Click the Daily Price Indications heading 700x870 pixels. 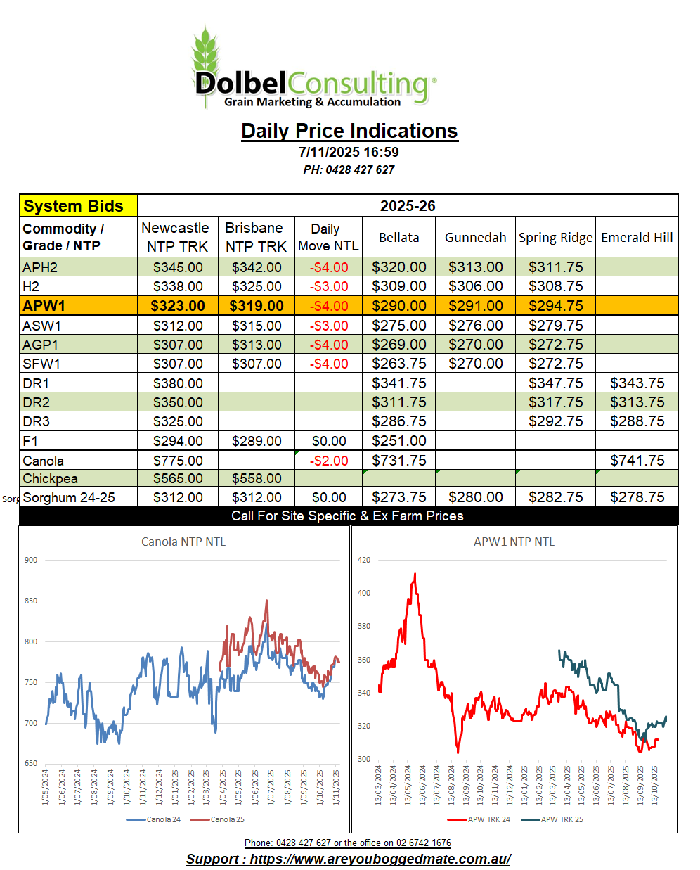(349, 131)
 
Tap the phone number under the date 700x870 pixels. (349, 169)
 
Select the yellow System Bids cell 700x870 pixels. (78, 206)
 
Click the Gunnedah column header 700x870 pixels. (475, 237)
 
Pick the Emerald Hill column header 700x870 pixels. (637, 237)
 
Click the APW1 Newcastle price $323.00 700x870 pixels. (178, 306)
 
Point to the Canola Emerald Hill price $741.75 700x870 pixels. (637, 461)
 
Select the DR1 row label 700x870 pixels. (37, 383)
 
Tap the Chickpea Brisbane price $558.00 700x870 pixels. (257, 478)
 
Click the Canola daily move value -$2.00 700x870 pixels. (329, 461)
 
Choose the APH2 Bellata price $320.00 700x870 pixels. (398, 267)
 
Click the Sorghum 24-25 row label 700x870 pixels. (69, 497)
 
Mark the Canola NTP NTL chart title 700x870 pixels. (183, 542)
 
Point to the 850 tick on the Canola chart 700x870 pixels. (31, 601)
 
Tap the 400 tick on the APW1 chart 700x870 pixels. (364, 593)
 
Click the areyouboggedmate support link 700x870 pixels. (380, 859)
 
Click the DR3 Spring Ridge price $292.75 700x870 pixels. (555, 421)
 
